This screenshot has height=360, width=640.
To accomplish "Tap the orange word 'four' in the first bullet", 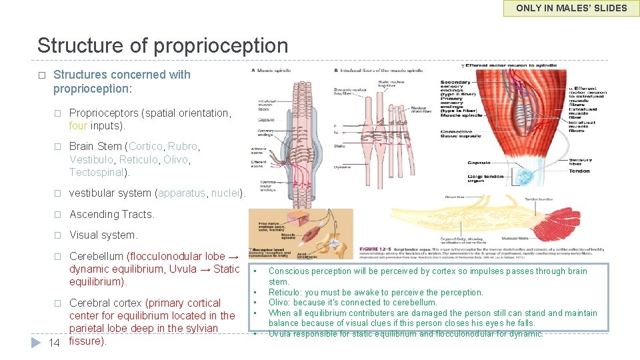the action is (x=78, y=125).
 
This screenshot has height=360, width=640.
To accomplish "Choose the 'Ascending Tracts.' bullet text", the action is (x=112, y=214).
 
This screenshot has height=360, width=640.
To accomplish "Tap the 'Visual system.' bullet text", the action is (x=103, y=235).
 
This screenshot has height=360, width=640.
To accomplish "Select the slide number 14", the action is (x=55, y=342).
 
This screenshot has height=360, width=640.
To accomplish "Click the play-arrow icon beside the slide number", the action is (x=36, y=342).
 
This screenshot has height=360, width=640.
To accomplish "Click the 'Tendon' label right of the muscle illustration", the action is (x=579, y=171).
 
